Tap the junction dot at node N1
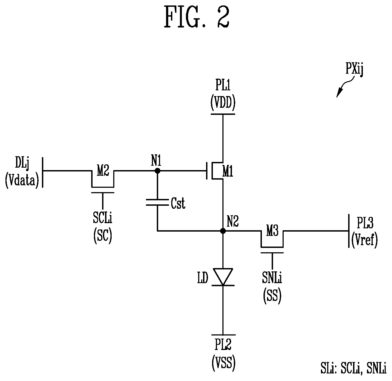157,171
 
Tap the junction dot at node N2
223,231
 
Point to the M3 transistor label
272,231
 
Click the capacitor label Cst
178,203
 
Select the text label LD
203,278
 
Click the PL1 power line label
223,85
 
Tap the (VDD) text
223,103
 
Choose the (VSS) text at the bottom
223,364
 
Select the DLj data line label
22,163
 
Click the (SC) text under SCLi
103,236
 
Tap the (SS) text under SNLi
272,296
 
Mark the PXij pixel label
354,69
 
